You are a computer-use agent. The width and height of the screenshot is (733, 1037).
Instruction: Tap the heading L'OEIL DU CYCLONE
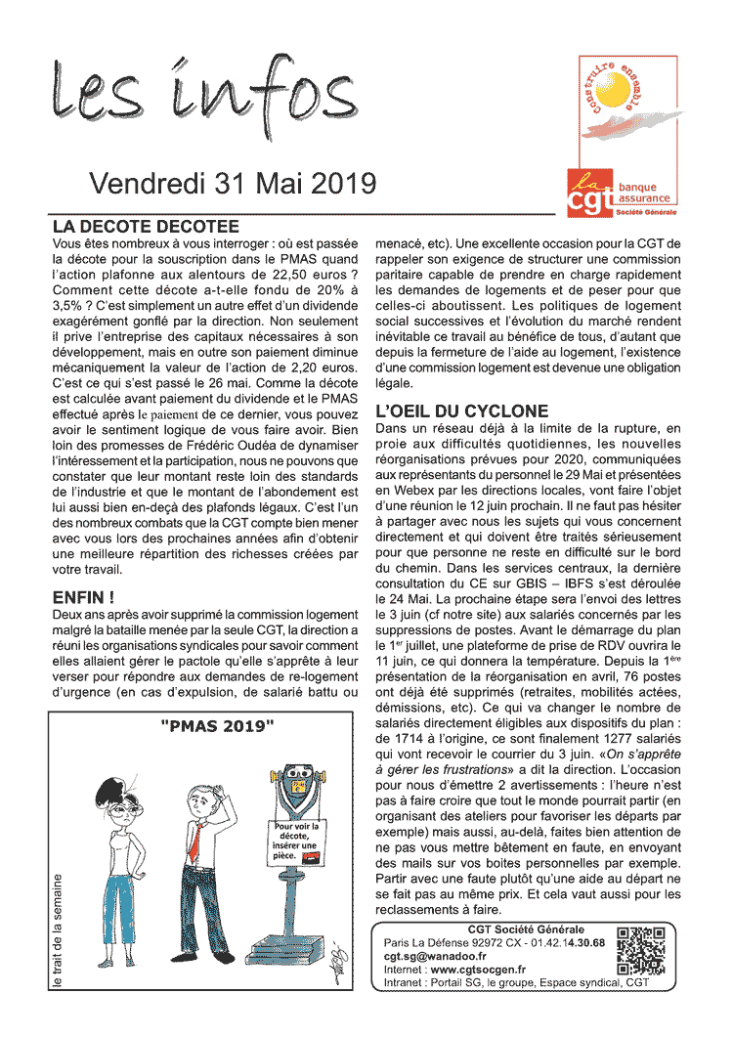point(462,410)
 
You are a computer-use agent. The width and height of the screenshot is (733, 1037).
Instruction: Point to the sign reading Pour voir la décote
point(296,842)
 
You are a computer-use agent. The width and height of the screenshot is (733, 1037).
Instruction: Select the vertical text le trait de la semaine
point(60,929)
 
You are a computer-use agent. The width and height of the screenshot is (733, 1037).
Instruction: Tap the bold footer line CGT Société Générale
point(512,929)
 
